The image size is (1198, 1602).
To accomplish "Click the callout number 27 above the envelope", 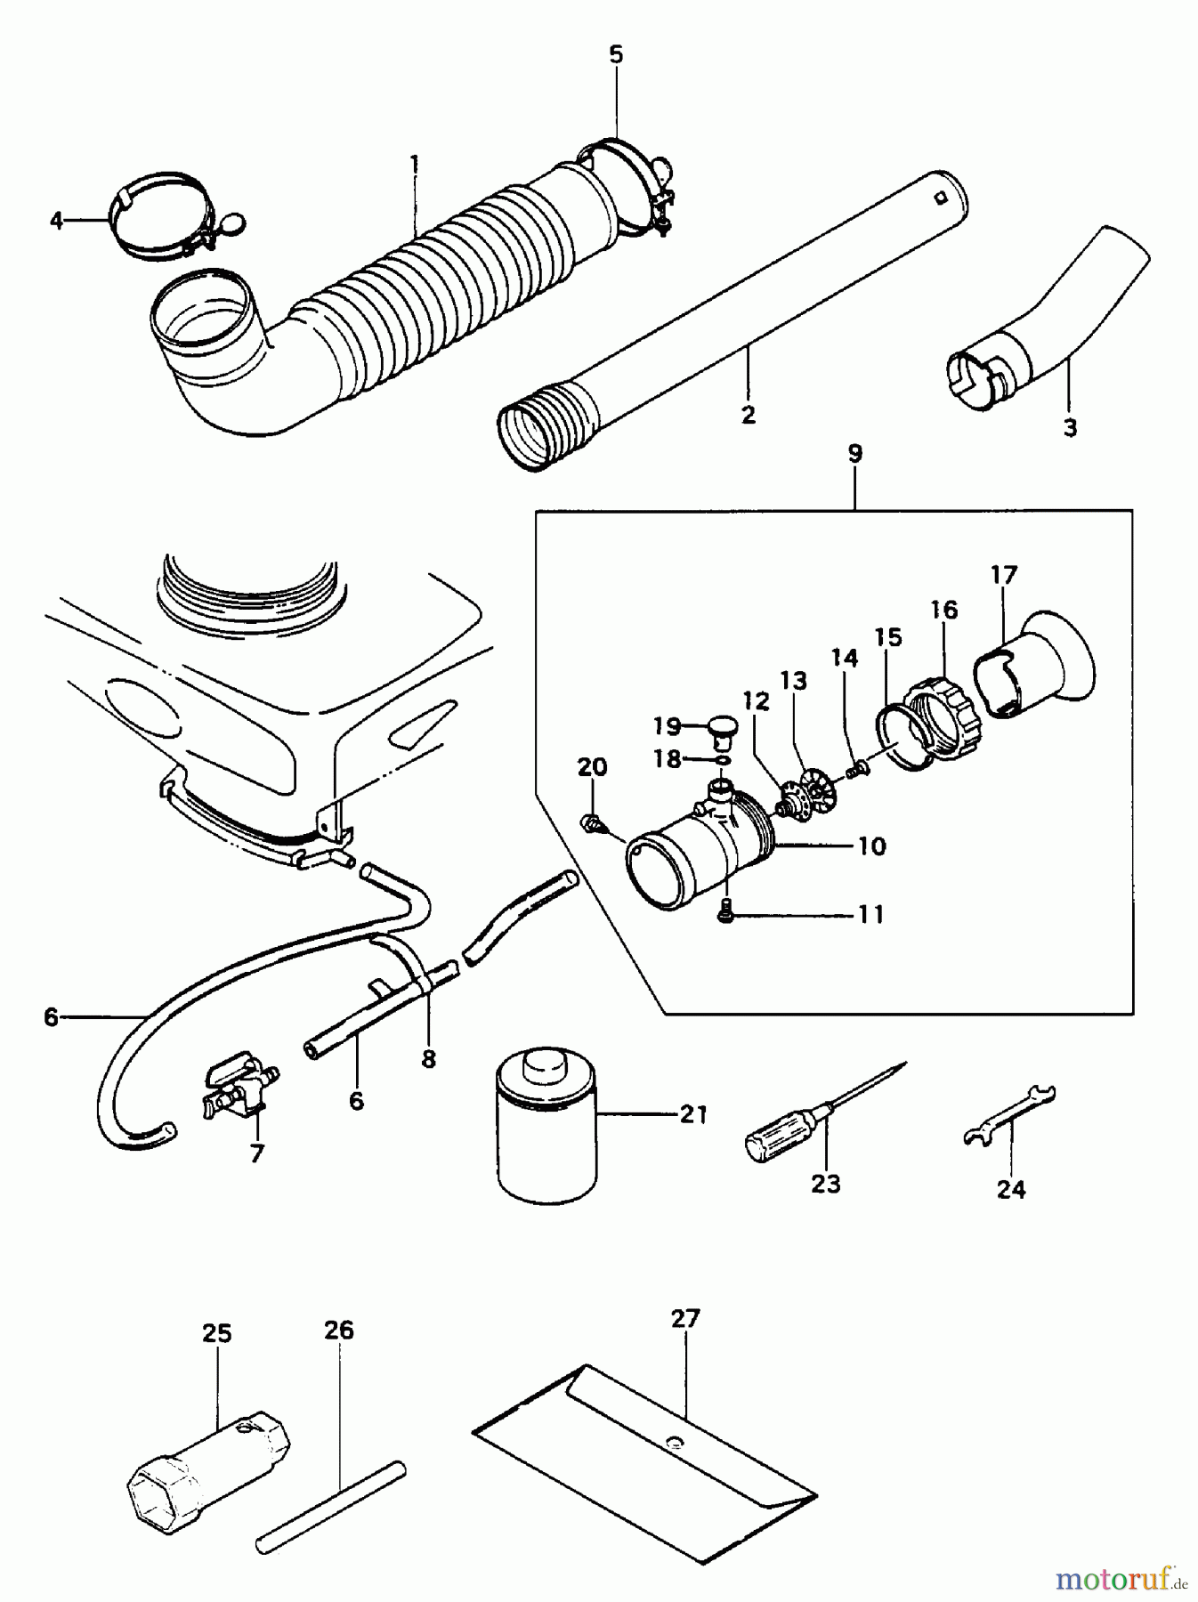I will pos(685,1318).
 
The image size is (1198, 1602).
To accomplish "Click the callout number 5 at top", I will pos(616,54).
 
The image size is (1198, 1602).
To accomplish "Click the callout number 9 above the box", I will pos(854,453).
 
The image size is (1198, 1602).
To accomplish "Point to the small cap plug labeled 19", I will pos(721,730).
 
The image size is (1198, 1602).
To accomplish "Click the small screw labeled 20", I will pos(588,822).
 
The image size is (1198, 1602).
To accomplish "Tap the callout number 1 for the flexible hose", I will pos(414,165).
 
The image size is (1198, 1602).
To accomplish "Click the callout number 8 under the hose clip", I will pos(429,1059).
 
